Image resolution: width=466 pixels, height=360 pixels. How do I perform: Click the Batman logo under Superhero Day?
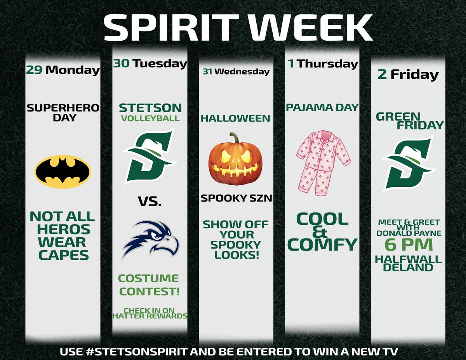pos(63,171)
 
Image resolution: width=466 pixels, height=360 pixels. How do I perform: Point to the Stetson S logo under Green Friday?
pos(407,163)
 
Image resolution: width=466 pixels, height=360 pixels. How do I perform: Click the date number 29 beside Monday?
pos(33,70)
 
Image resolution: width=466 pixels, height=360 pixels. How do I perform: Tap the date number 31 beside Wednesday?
pos(208,71)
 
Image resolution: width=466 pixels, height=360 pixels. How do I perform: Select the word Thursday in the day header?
pos(327,64)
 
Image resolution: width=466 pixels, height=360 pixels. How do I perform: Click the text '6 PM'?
pos(409,245)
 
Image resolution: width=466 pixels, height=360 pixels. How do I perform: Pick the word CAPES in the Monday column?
pos(63,255)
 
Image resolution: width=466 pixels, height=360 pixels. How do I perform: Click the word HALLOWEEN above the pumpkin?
pos(235,118)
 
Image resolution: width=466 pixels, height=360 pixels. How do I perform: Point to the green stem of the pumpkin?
pos(235,138)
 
